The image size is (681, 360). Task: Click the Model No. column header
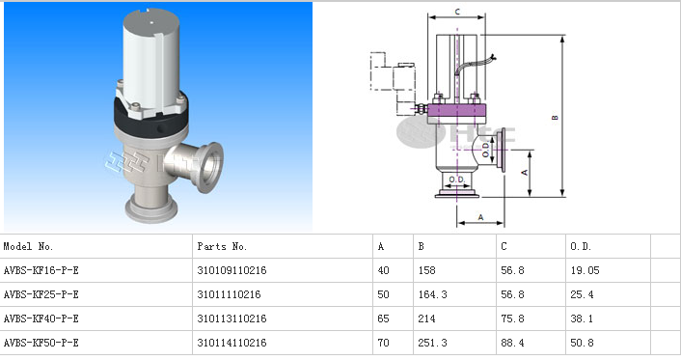(28, 246)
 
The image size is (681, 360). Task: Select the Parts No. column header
(222, 246)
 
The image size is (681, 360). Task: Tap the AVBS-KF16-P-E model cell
(41, 270)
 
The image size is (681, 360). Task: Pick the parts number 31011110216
(229, 294)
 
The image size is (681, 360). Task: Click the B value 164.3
(432, 294)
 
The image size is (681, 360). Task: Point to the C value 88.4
(512, 343)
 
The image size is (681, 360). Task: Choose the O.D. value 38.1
(582, 318)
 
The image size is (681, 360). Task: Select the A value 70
(384, 343)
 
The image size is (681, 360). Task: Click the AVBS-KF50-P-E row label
(41, 343)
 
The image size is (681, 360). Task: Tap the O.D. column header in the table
(581, 246)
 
